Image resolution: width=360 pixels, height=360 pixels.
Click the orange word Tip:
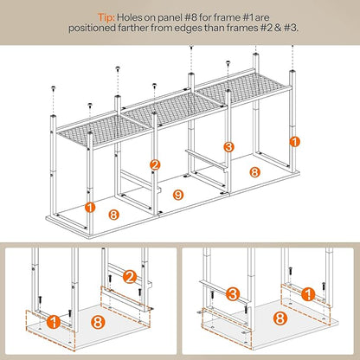[106, 17]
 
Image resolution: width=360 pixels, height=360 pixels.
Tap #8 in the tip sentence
[190, 17]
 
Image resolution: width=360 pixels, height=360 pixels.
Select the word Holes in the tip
[130, 17]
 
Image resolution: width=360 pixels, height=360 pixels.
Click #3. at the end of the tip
[291, 29]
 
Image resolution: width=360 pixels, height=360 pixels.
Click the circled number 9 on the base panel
[178, 195]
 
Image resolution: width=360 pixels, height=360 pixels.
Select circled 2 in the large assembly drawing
[155, 165]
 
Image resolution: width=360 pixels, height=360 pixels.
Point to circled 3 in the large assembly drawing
[228, 147]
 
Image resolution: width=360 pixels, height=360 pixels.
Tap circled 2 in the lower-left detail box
[130, 277]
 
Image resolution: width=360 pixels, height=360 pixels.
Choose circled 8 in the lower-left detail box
[98, 322]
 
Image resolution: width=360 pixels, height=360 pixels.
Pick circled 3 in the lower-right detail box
[233, 294]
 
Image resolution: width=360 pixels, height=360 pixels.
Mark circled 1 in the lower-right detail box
[308, 295]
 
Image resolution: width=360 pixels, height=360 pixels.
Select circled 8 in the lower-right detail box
[280, 319]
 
